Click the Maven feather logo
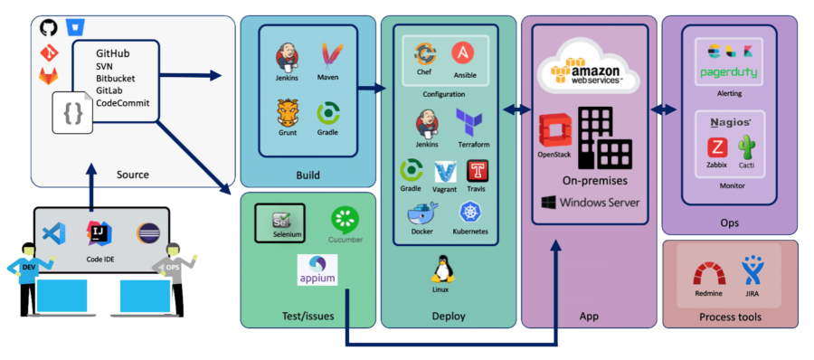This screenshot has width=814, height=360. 331,57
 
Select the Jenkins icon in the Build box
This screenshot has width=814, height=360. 288,58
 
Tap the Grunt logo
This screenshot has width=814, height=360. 288,114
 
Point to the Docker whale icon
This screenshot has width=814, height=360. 421,214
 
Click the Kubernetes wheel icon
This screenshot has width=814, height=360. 469,213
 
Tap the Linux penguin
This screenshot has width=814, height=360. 441,270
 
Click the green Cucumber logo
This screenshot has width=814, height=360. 344,220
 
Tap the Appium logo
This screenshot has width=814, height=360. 317,270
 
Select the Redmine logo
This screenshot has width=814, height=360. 708,274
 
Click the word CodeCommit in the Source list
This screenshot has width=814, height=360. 123,103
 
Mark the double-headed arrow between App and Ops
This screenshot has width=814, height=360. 665,109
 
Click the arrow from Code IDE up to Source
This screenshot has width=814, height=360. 90,185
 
